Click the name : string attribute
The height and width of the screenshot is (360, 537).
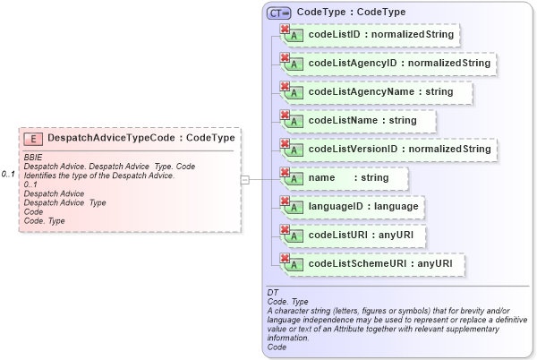(345, 178)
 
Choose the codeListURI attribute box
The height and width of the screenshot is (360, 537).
(354, 236)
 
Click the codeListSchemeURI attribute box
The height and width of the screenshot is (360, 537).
(371, 265)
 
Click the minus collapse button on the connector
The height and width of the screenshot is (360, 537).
(245, 179)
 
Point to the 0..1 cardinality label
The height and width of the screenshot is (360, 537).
(9, 173)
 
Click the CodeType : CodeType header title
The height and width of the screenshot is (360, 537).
(351, 13)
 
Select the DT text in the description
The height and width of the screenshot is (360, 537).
(272, 293)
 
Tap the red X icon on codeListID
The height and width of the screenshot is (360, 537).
(286, 30)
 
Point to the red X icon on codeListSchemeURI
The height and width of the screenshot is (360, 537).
(286, 259)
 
